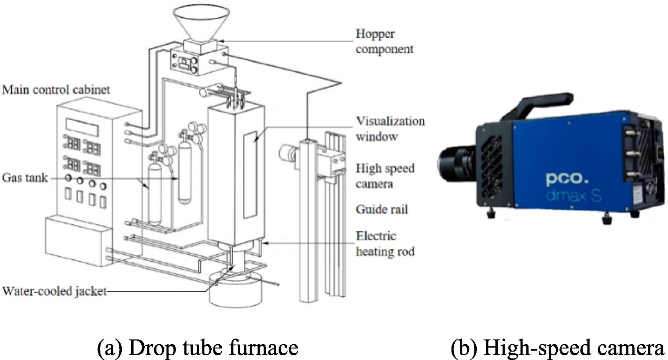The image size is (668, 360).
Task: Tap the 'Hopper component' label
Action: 382,42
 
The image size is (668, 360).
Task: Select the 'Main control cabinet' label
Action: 56,90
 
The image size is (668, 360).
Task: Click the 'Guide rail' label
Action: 382,209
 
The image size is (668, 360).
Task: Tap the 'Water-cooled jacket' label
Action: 55,290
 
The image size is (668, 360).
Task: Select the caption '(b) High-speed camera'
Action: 558,347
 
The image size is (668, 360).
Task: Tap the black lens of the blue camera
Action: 456,159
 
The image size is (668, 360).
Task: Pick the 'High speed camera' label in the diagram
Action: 385,176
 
